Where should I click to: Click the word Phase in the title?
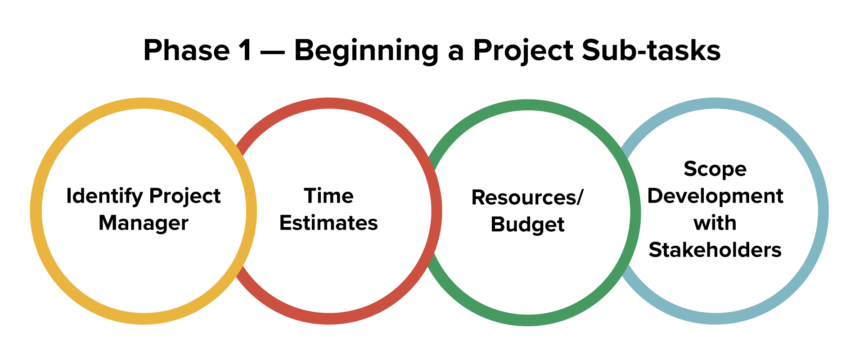[187, 50]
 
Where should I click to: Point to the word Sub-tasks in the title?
[651, 50]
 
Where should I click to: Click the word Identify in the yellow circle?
[104, 197]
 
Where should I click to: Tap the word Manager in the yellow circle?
[144, 223]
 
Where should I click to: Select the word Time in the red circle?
[329, 196]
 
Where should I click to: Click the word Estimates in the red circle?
[329, 223]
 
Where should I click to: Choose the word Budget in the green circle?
[527, 225]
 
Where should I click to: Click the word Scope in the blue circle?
[715, 170]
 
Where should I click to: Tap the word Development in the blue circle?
[715, 197]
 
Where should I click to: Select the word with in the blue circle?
[715, 223]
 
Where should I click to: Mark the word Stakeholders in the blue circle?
[715, 250]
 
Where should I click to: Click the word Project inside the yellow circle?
[185, 197]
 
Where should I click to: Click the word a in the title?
[455, 51]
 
